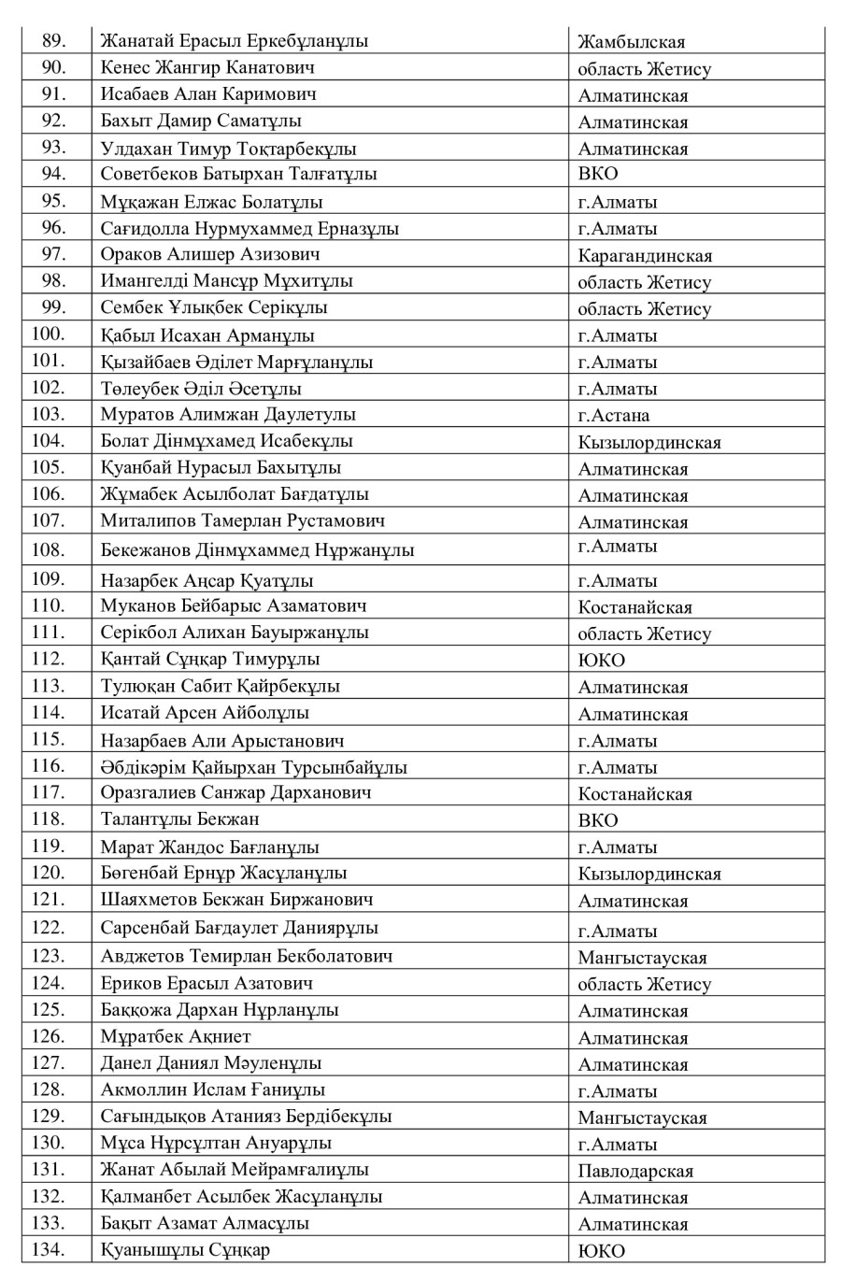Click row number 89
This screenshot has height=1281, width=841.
coord(54,41)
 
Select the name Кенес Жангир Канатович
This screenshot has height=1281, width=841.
coord(207,68)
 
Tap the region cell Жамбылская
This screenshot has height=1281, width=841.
coord(631,42)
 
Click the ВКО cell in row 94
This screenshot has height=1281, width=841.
coord(598,175)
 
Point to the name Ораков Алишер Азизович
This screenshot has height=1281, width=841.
coord(210,255)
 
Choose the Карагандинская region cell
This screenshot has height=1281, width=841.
coord(645,256)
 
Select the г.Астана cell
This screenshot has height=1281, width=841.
coord(614,416)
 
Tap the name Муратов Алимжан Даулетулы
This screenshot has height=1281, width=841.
coord(228,415)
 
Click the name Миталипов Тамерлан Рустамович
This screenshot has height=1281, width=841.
coord(243,521)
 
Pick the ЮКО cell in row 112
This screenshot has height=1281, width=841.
coord(601,661)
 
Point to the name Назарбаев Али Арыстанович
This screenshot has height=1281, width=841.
coord(222,741)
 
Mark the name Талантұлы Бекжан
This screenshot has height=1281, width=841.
coord(180,819)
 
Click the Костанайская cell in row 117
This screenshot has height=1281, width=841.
coord(635,794)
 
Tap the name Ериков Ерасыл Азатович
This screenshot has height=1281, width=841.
coord(207,983)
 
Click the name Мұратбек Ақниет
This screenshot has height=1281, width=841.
coord(176,1036)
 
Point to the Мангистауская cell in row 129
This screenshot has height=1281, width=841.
coord(642,1117)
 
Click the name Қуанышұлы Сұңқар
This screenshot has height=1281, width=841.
coord(185,1250)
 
